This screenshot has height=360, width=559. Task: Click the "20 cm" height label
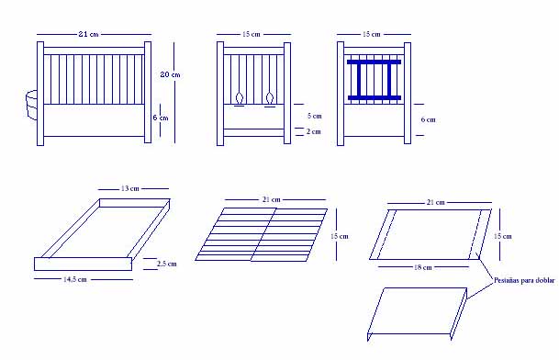(170, 74)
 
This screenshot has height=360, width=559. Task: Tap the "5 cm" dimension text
(315, 116)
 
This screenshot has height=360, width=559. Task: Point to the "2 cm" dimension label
(313, 131)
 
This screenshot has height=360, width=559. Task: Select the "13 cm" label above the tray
(129, 188)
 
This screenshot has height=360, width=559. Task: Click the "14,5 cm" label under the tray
(75, 279)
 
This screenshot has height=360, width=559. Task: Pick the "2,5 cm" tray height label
(166, 264)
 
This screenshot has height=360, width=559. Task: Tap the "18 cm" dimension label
(423, 267)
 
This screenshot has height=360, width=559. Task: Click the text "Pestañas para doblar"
(524, 280)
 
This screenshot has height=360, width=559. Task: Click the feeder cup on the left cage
(32, 105)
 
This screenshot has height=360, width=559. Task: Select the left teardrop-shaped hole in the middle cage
(240, 97)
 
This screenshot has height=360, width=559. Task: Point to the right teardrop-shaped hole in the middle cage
(270, 97)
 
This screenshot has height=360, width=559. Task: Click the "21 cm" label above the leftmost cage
(88, 34)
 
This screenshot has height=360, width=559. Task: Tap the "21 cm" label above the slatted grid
(272, 200)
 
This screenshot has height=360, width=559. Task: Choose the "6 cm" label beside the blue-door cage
(428, 120)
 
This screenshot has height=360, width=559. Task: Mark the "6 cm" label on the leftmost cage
(161, 118)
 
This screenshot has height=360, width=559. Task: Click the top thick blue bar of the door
(374, 62)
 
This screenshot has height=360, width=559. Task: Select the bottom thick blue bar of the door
(375, 97)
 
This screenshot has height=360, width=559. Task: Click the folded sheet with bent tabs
(417, 313)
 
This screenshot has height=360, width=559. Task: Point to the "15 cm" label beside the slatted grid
(339, 236)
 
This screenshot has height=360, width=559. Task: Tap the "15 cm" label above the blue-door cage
(372, 34)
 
